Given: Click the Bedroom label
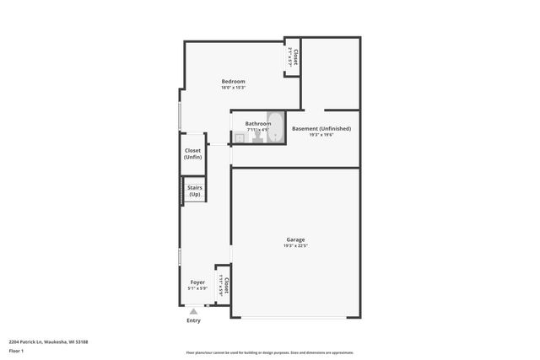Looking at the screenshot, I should coord(234,81).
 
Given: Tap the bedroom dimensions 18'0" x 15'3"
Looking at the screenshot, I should coord(234,88).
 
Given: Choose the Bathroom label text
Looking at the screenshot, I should coord(258,123).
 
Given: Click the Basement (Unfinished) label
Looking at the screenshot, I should coord(321,128).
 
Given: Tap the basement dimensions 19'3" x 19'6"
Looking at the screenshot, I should coord(321,135).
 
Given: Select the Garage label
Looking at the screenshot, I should coord(294,239).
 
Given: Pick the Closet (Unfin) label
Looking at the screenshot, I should coord(193,153).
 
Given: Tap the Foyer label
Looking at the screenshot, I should coord(197,282).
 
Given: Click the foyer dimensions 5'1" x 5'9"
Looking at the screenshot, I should coord(197,288).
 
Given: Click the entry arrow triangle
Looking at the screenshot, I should coord(193,312).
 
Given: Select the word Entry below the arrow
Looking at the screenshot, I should coord(193,320).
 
